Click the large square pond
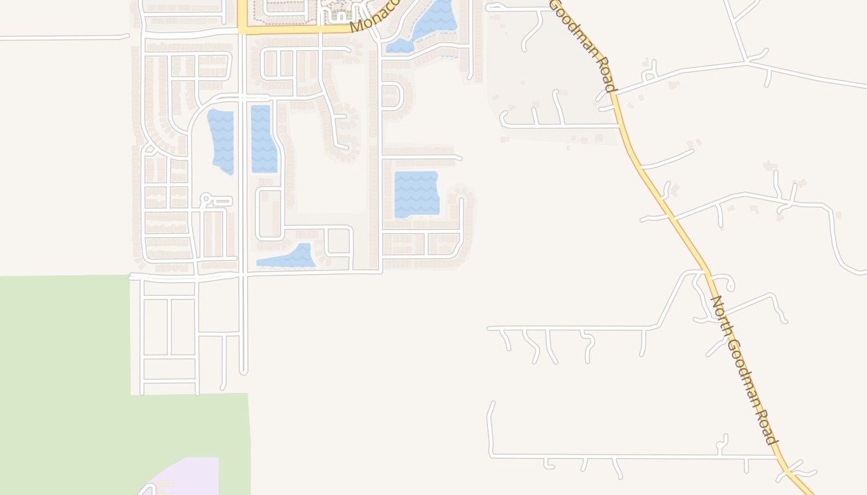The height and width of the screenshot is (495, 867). tap(416, 194)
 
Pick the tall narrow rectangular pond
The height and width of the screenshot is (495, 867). tap(263, 139)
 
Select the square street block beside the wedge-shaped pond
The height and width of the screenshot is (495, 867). tap(338, 241)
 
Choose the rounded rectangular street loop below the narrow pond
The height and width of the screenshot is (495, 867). tap(270, 214)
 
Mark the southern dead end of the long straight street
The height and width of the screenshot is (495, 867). tap(243, 371)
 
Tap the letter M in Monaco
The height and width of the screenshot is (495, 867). tap(356, 26)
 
